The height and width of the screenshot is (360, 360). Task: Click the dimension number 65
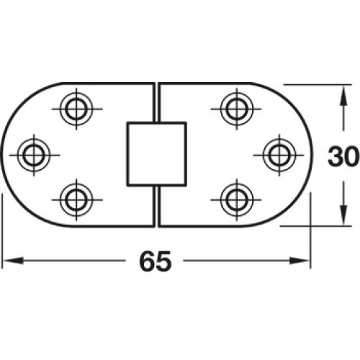point(156,261)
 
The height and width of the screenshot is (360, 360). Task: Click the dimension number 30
point(343,156)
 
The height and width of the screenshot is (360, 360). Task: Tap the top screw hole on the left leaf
point(76,109)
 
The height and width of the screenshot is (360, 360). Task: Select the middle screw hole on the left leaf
point(34,155)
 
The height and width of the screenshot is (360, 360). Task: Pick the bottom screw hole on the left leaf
point(76,199)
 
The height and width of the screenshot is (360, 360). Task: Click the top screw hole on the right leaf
point(237,109)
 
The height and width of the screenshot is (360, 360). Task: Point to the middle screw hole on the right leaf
point(279,155)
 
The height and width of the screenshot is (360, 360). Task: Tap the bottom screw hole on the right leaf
point(237,199)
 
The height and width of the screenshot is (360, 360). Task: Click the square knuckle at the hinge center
point(157,154)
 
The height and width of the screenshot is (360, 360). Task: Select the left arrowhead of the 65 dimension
point(12,261)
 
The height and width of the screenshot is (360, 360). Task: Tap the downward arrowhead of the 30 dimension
point(343,215)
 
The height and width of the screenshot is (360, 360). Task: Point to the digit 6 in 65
point(147,261)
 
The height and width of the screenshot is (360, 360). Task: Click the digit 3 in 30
point(335,156)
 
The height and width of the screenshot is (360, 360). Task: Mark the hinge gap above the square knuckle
point(156,102)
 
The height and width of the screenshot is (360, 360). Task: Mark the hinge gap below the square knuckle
point(156,207)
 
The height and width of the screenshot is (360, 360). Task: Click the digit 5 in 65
point(164,261)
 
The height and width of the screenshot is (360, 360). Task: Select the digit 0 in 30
point(351,156)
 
